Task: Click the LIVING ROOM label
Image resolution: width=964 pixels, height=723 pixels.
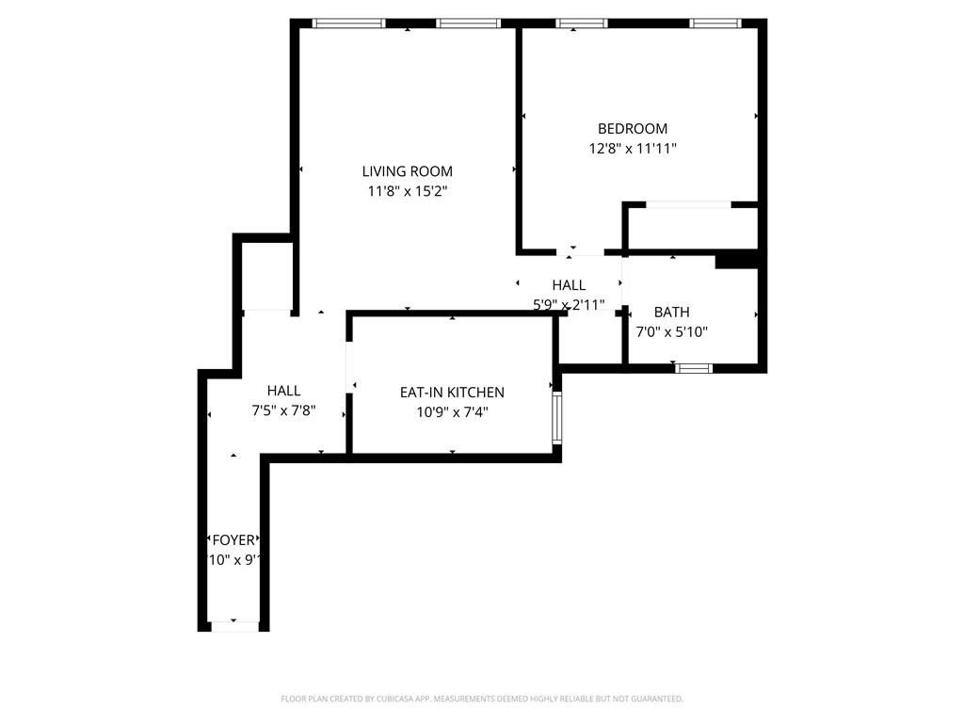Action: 407,171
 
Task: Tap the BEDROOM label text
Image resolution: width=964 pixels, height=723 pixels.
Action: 633,129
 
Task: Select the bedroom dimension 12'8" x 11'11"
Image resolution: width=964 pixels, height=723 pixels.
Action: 633,149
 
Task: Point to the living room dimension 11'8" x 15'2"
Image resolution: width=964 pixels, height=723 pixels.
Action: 407,191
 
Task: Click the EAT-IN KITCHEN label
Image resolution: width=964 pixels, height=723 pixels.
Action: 451,393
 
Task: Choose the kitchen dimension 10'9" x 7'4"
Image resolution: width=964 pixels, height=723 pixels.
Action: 451,412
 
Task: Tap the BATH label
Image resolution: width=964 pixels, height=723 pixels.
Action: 671,313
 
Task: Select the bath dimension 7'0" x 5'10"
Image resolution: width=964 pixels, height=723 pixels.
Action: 671,332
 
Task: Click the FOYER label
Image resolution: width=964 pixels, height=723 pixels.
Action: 233,540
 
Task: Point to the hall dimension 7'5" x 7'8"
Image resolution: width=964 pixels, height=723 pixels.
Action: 283,410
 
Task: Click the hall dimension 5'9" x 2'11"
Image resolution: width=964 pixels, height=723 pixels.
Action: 569,305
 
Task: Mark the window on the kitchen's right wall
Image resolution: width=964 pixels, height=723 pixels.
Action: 556,418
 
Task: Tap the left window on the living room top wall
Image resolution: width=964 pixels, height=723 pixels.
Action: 348,24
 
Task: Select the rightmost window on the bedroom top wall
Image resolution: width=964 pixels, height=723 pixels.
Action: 715,24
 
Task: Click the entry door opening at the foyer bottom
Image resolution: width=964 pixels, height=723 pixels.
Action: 233,626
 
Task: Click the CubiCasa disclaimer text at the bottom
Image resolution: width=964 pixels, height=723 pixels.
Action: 482,699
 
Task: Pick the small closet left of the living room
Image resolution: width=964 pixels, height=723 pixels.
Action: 267,276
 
